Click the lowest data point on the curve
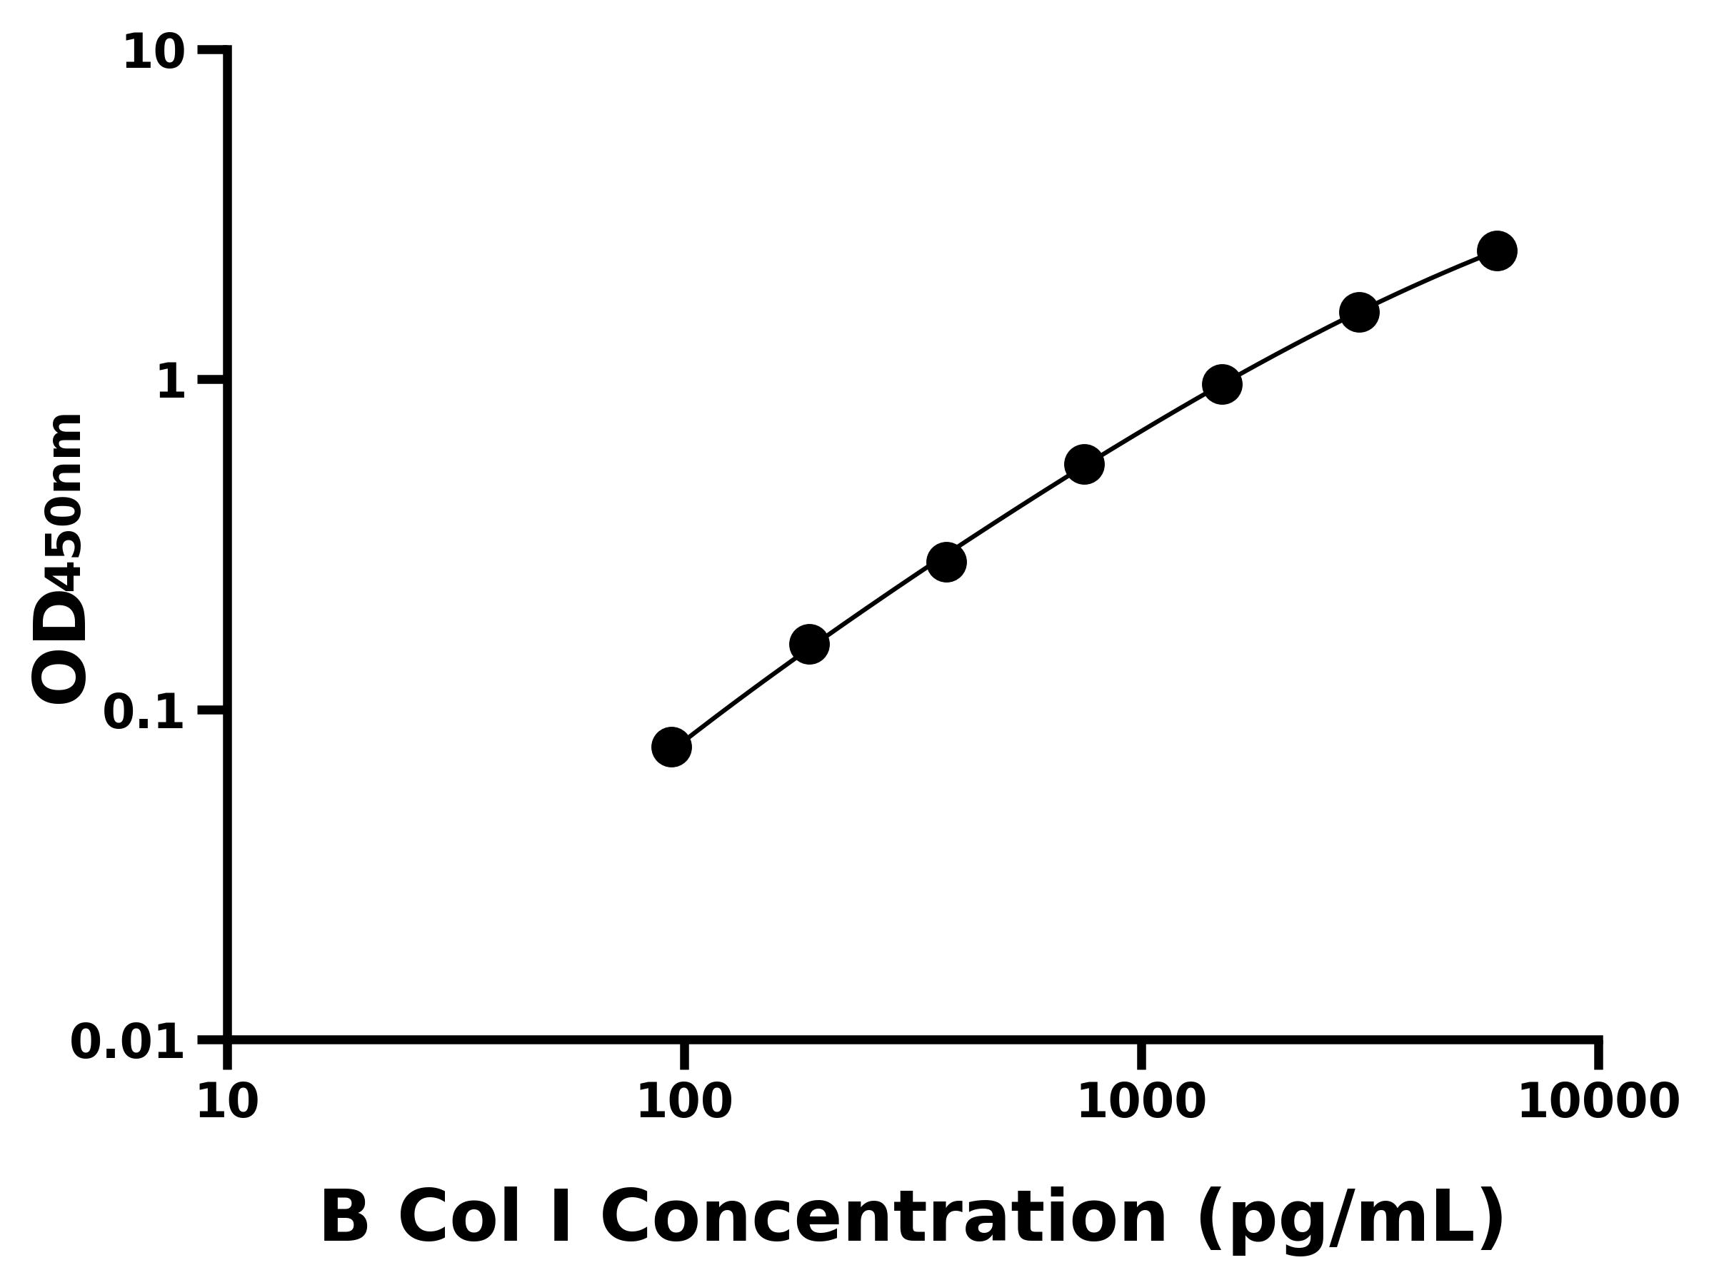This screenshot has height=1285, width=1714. click(671, 747)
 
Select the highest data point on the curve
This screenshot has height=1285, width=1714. click(1497, 251)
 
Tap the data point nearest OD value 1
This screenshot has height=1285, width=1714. click(1222, 384)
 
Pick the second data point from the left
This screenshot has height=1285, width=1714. click(809, 645)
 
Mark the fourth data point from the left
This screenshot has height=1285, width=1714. click(1084, 465)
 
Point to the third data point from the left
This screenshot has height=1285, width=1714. click(946, 562)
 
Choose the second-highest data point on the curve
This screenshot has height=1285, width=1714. click(1359, 312)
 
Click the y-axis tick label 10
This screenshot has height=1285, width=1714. click(154, 54)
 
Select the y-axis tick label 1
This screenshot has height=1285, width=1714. click(171, 383)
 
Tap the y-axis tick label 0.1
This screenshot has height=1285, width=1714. click(144, 712)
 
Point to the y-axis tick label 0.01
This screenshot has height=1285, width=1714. click(128, 1042)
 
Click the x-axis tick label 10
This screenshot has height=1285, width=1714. click(227, 1102)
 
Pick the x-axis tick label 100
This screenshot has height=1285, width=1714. click(684, 1102)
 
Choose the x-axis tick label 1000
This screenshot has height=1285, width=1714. click(1141, 1102)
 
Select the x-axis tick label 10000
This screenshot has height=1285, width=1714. click(1598, 1102)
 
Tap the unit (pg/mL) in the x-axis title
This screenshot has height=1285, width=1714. click(1350, 1219)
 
